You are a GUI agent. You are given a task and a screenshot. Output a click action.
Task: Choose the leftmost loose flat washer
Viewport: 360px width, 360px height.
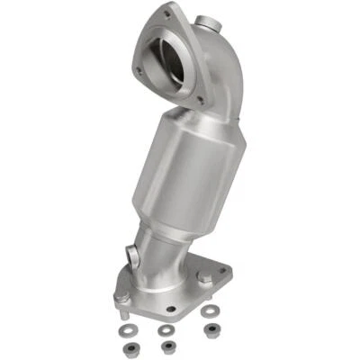(x=124, y=330)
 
